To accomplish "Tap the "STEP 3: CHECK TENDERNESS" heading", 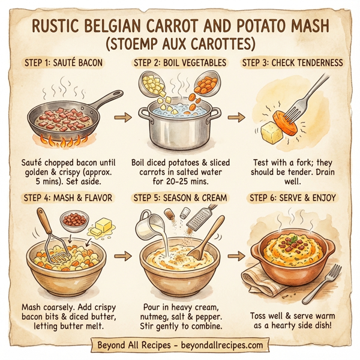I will pos(292,63).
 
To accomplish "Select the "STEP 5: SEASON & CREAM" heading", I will pos(178,197).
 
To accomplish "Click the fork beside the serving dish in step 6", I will pos(321,280).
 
